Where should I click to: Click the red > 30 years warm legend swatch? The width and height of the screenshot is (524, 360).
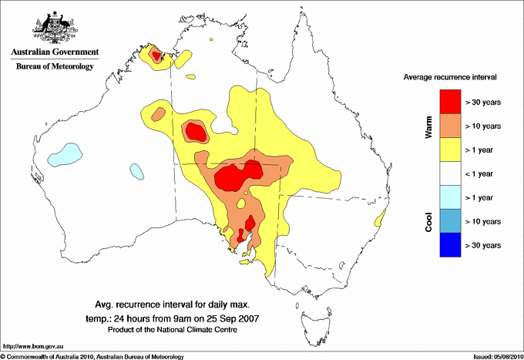point(449,101)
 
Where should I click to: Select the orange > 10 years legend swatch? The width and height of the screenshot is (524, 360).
point(449,125)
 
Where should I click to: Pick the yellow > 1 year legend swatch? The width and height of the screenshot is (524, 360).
point(449,149)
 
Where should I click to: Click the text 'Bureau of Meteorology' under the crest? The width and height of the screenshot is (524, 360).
point(55,66)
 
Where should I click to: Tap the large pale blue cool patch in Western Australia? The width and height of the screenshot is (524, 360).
point(62,153)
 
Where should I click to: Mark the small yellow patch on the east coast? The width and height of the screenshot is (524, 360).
point(381,218)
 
